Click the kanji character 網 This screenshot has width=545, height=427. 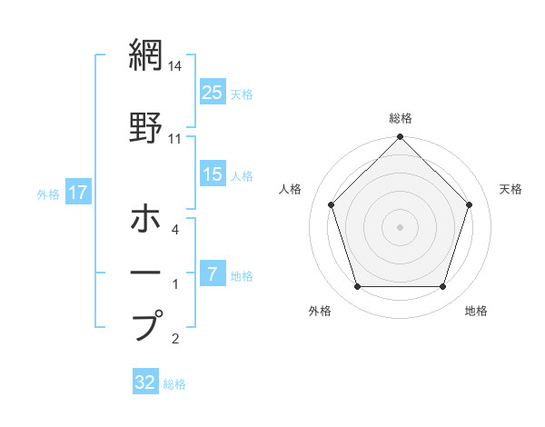(146, 55)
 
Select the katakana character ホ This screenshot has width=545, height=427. (146, 219)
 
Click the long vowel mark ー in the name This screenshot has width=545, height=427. (146, 272)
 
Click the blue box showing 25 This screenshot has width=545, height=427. (213, 93)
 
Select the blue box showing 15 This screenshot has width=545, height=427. (213, 175)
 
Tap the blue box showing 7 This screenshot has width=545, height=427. (213, 274)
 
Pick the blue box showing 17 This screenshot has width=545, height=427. (77, 193)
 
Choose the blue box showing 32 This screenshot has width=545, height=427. (144, 382)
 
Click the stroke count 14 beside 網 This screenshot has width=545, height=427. (175, 66)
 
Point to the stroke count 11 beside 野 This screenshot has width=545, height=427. (175, 139)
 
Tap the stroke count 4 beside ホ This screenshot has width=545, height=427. (175, 230)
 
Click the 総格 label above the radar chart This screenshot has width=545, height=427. (401, 118)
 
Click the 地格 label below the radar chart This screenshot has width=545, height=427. (476, 311)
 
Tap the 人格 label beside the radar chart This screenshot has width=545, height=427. (291, 189)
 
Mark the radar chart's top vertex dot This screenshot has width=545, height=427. (401, 138)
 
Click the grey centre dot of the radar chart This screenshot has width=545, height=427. (401, 226)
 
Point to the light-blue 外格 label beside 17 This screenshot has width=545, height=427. (48, 194)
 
